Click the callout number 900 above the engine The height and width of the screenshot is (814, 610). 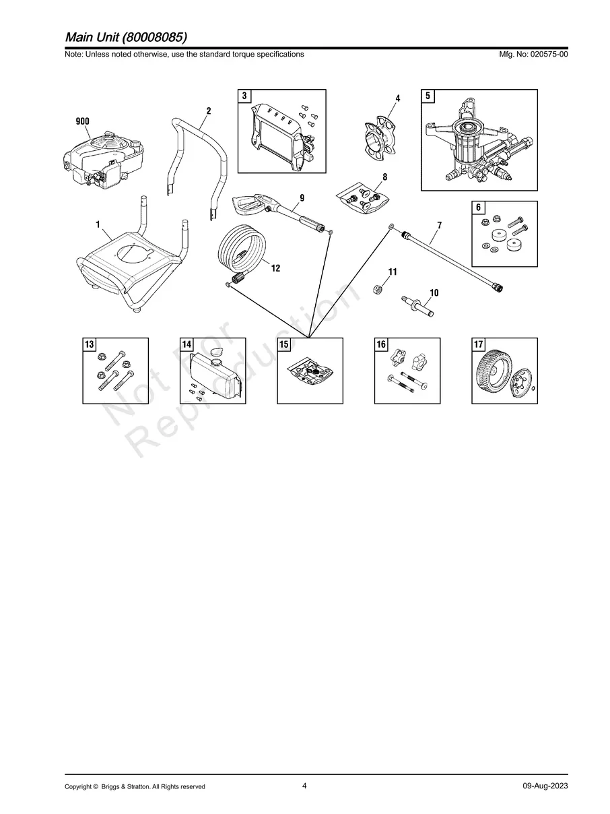[x=82, y=121]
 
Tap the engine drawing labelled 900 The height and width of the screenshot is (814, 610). [x=103, y=158]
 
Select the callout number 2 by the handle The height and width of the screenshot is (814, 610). [x=209, y=111]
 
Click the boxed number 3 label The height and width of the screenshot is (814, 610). [x=244, y=96]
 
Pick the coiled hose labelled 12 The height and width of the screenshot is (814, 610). [x=242, y=256]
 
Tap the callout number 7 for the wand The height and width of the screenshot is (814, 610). [x=439, y=225]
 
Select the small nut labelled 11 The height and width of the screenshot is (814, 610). [x=378, y=288]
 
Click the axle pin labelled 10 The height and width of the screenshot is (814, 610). [x=417, y=305]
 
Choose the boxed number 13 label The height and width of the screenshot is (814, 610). [x=90, y=344]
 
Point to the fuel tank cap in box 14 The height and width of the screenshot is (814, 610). [x=217, y=351]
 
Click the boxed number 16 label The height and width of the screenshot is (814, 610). [x=381, y=344]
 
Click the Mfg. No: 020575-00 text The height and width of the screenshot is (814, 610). [x=533, y=54]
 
